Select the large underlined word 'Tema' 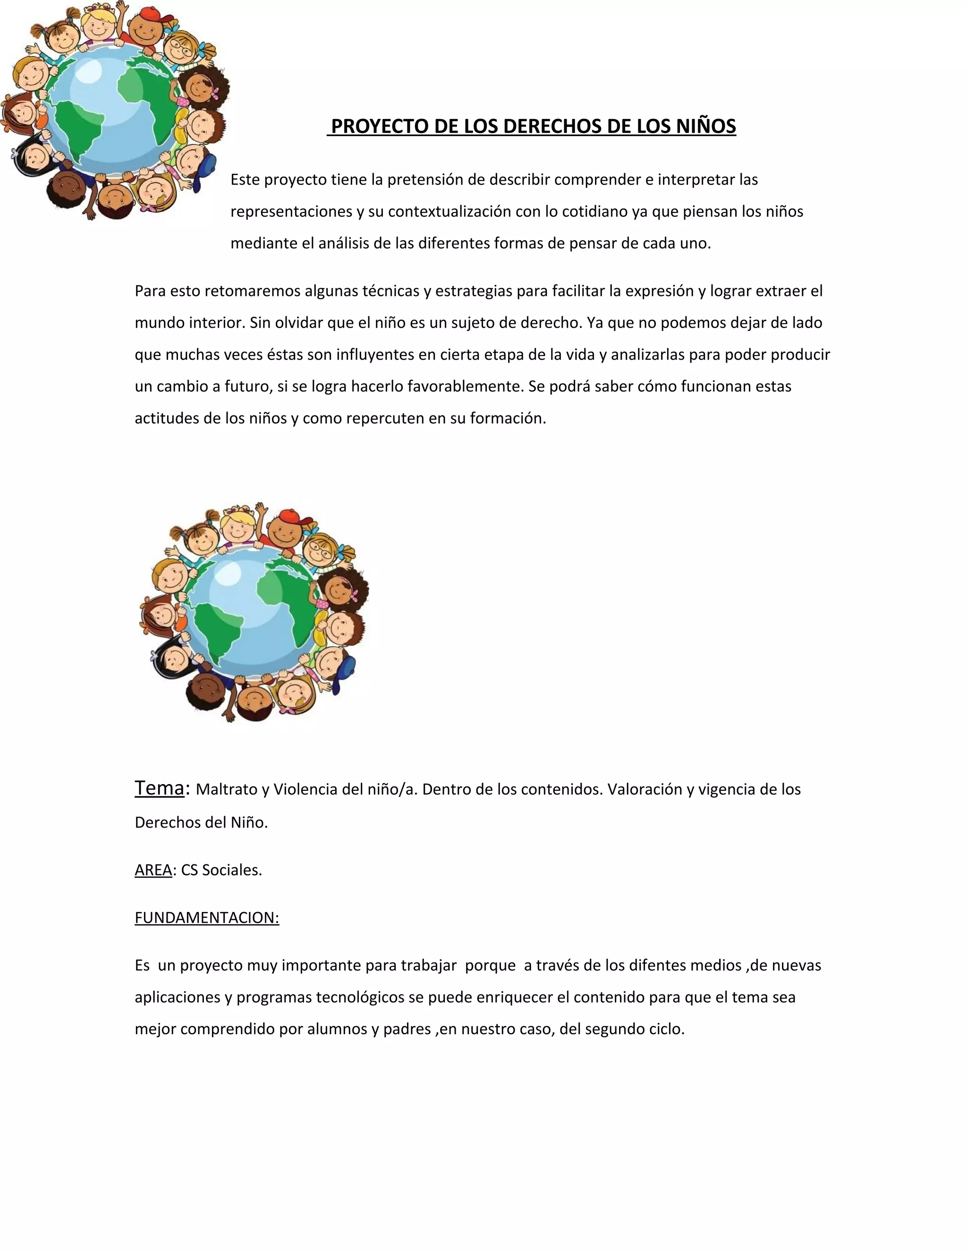[159, 788]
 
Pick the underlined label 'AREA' [153, 870]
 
